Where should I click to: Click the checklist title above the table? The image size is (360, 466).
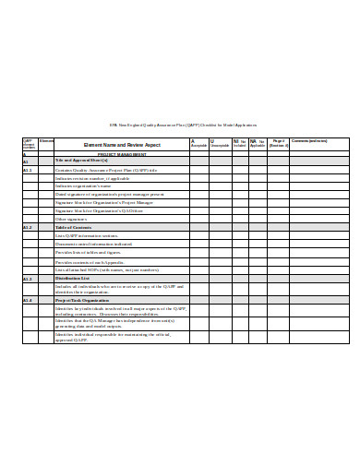tap(183, 125)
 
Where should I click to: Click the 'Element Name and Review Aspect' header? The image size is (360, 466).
tap(109, 145)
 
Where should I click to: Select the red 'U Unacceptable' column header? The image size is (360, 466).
tap(219, 144)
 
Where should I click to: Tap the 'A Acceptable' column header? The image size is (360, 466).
tap(198, 144)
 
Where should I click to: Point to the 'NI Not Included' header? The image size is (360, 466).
tap(239, 144)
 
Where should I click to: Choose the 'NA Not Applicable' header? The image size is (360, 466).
tap(258, 144)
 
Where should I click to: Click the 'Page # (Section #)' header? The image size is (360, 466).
tap(280, 144)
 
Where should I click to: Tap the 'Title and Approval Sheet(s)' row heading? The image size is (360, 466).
tap(81, 161)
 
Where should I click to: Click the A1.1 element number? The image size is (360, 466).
tap(28, 170)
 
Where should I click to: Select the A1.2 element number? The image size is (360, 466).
tap(28, 227)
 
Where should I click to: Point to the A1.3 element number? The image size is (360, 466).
tap(28, 278)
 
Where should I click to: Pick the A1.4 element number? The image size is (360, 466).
tap(28, 300)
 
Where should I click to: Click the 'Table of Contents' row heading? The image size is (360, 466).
tap(73, 227)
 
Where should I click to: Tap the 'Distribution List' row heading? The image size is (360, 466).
tap(73, 278)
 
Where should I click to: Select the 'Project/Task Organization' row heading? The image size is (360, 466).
tap(82, 300)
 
